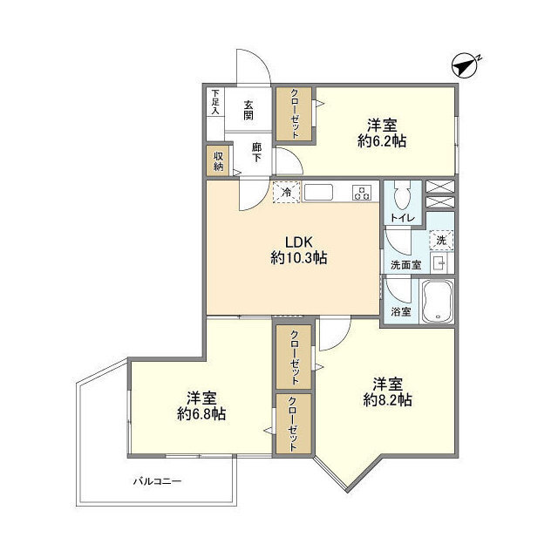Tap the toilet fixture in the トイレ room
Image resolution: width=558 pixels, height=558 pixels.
pos(403,195)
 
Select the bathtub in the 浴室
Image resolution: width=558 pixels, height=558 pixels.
pos(438,301)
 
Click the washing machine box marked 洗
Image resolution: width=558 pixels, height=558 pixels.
pos(441,241)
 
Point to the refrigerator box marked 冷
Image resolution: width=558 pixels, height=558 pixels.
pos(287,192)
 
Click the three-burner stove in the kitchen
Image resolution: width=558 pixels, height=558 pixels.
pos(362,193)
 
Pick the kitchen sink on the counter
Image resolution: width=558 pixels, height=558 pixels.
pos(318,193)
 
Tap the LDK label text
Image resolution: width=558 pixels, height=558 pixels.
pos(299,242)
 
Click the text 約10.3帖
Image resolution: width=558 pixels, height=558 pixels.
pos(299,258)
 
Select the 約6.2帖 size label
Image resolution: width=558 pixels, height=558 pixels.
pos(382,141)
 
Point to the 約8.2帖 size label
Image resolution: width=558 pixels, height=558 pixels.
pos(387,400)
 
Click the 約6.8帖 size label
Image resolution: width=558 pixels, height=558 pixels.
pos(201,414)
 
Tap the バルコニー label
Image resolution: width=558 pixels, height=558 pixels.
pos(158,482)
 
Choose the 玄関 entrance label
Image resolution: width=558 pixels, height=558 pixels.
pos(248,110)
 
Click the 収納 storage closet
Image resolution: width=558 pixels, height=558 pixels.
pos(219,161)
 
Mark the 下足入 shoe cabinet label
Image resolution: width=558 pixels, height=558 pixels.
pos(215,102)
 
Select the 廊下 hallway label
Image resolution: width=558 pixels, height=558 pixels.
pos(256,153)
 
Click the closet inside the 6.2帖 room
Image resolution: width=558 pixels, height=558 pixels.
pos(295,114)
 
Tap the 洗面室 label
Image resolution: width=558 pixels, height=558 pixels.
pos(405,265)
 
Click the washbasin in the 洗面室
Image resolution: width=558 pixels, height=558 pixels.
pos(439,263)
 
